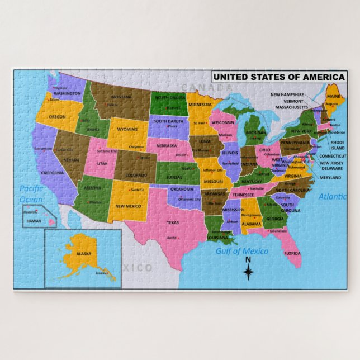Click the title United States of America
click(x=278, y=77)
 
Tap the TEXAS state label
click(x=173, y=223)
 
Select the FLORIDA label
click(x=292, y=253)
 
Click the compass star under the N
click(x=249, y=272)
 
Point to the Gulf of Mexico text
click(x=242, y=251)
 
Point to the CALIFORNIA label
click(x=53, y=173)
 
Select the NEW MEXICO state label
click(x=127, y=206)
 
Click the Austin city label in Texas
click(x=172, y=237)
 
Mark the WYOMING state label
click(x=127, y=129)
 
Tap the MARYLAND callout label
click(x=330, y=178)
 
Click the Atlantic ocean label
click(x=332, y=197)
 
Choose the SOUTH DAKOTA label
click(x=168, y=121)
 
